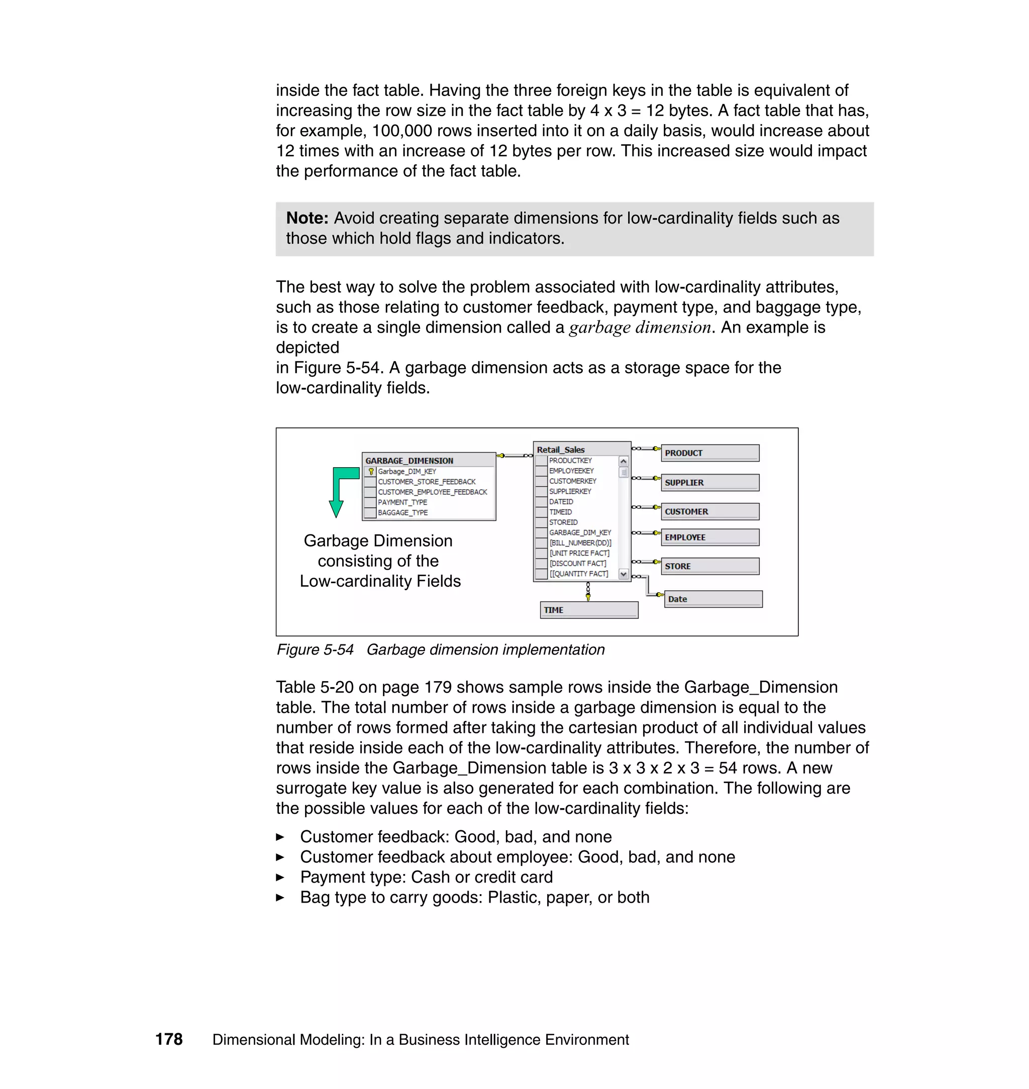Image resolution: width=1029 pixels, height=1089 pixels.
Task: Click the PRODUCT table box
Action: click(x=710, y=453)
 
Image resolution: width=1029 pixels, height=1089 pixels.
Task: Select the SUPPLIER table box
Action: click(x=710, y=483)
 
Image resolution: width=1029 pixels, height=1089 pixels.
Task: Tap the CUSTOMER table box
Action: click(x=710, y=512)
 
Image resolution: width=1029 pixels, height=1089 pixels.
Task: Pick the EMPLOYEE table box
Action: click(x=710, y=537)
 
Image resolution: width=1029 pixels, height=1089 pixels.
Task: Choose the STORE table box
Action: click(x=710, y=567)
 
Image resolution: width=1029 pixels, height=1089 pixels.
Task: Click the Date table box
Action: click(x=712, y=599)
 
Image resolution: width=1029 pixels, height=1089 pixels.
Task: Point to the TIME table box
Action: click(x=588, y=610)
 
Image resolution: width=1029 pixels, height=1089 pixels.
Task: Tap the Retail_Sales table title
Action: click(x=561, y=450)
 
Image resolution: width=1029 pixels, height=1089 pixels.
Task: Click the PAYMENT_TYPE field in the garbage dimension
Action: click(x=402, y=502)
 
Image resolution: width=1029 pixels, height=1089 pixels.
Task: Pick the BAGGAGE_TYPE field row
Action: click(x=402, y=513)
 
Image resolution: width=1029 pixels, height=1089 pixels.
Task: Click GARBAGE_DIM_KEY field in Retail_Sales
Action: click(x=580, y=532)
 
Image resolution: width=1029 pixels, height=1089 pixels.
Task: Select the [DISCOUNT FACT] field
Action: click(x=578, y=564)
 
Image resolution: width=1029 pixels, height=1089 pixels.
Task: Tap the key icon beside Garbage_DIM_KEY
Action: click(x=371, y=472)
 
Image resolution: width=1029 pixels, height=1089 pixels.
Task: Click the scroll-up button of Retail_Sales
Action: click(x=623, y=461)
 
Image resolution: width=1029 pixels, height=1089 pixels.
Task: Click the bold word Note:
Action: click(x=307, y=218)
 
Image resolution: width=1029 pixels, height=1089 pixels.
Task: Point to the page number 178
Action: click(x=168, y=1039)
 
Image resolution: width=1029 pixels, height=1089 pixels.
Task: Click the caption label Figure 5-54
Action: click(x=315, y=650)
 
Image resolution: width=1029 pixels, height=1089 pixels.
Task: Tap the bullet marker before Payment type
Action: click(x=280, y=878)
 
